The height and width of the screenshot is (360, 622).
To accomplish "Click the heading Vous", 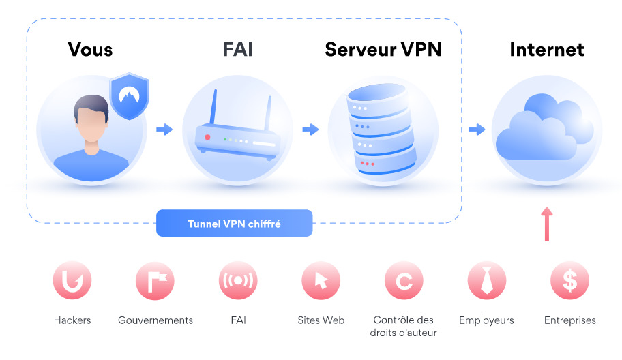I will [90, 50].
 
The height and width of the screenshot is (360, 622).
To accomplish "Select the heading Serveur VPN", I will [383, 50].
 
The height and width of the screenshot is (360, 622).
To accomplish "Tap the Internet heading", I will [546, 50].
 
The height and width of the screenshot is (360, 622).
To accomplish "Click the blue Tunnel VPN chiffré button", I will [234, 223].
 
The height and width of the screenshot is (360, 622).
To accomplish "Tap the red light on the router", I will [208, 138].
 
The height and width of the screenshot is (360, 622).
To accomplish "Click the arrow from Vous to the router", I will [164, 129].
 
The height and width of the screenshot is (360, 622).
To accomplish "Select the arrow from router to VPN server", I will [310, 129].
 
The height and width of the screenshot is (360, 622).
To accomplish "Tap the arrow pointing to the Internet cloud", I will [476, 129].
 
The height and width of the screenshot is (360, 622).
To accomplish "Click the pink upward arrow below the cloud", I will [546, 225].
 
